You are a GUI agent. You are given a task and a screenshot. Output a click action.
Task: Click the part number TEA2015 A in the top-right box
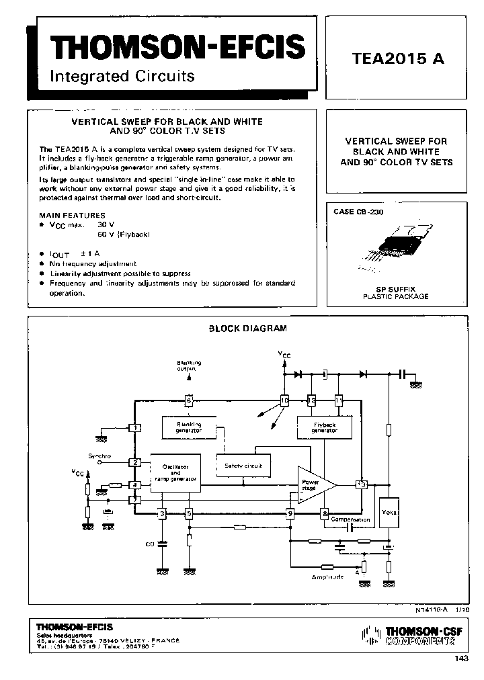[x=398, y=58]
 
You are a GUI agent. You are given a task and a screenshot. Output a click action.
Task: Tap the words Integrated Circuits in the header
[x=122, y=76]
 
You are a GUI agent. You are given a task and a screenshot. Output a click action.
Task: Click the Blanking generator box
[x=190, y=427]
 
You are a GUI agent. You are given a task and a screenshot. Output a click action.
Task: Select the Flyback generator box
[x=325, y=427]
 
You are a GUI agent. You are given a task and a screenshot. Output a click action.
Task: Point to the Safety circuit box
[x=243, y=465]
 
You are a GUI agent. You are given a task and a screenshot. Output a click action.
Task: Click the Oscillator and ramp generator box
[x=175, y=472]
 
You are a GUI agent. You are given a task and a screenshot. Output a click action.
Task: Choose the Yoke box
[x=389, y=513]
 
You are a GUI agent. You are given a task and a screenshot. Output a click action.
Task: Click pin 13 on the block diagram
[x=362, y=484]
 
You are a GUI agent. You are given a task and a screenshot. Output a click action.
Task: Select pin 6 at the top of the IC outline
[x=190, y=400]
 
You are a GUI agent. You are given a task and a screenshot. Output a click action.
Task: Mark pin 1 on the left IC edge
[x=136, y=427]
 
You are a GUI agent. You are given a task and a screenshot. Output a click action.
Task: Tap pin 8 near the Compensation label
[x=325, y=514]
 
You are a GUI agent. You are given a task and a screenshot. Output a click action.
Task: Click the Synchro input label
[x=99, y=456]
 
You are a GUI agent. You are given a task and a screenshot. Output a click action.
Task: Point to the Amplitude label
[x=327, y=577]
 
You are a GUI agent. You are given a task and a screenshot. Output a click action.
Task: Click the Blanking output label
[x=189, y=366]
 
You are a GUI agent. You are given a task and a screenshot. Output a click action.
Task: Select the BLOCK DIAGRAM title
[x=247, y=329]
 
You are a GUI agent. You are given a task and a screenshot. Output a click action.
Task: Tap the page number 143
[x=461, y=658]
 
